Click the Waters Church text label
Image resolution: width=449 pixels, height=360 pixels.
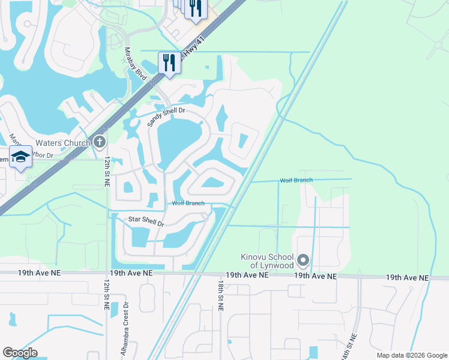63,143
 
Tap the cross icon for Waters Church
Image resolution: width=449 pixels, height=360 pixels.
100,143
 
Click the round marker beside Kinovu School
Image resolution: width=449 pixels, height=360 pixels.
303,260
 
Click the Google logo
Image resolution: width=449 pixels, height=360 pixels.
20,353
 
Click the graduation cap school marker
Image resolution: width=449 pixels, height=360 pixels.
20,157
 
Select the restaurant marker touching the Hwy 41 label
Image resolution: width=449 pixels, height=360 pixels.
169,62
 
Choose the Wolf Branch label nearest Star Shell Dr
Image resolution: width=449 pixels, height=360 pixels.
188,203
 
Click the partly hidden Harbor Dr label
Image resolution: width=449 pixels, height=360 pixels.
40,157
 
